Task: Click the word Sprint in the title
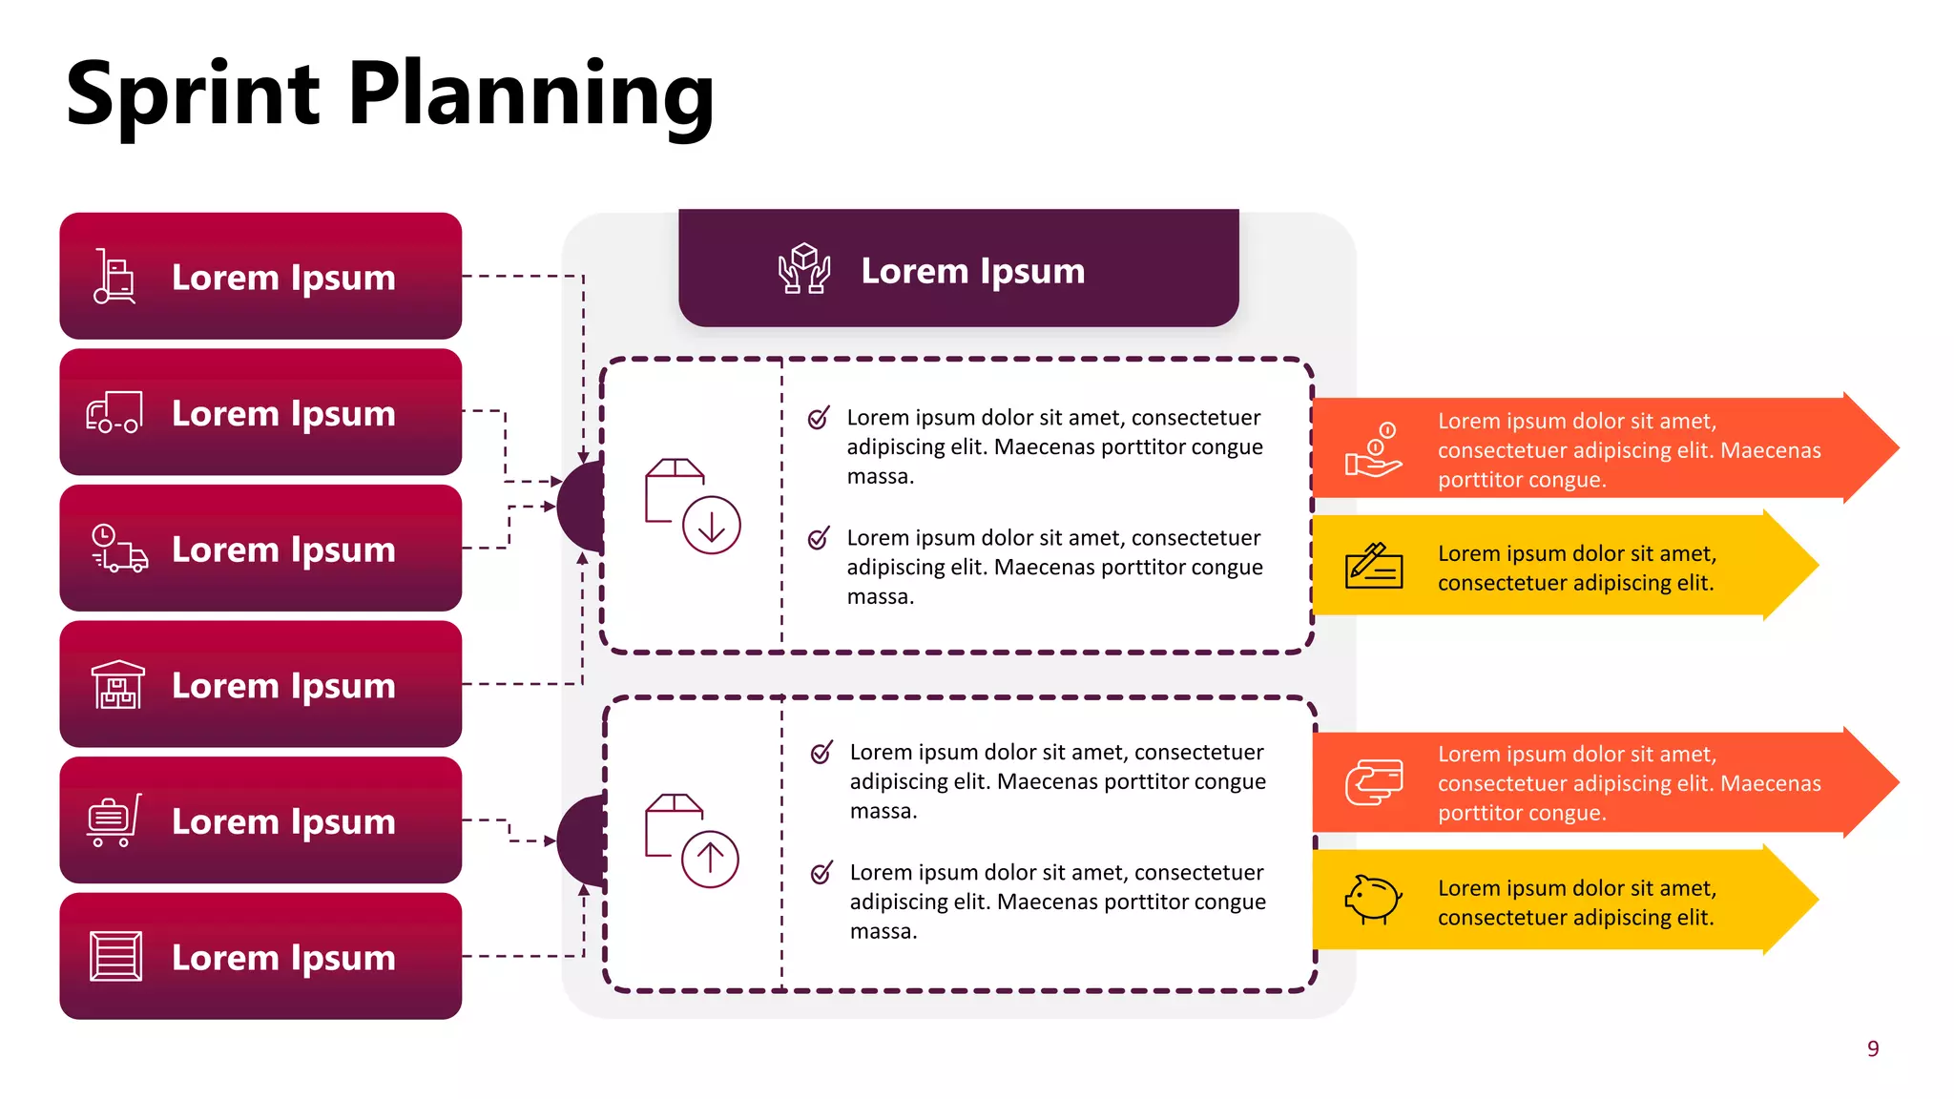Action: (192, 95)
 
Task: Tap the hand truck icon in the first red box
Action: (114, 277)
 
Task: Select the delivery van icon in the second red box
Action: (114, 412)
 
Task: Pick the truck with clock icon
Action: (119, 549)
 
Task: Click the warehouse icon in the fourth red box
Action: (117, 685)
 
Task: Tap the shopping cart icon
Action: (114, 820)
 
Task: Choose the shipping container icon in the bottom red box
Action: (115, 956)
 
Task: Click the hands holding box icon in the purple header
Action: (804, 269)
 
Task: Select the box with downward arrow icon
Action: (693, 506)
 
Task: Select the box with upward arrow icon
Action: (692, 840)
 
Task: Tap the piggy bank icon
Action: (1373, 899)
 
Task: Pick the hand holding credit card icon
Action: (1374, 782)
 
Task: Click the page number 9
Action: (1873, 1048)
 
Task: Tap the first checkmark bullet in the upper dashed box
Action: (819, 418)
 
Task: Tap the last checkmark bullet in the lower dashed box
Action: (821, 873)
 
